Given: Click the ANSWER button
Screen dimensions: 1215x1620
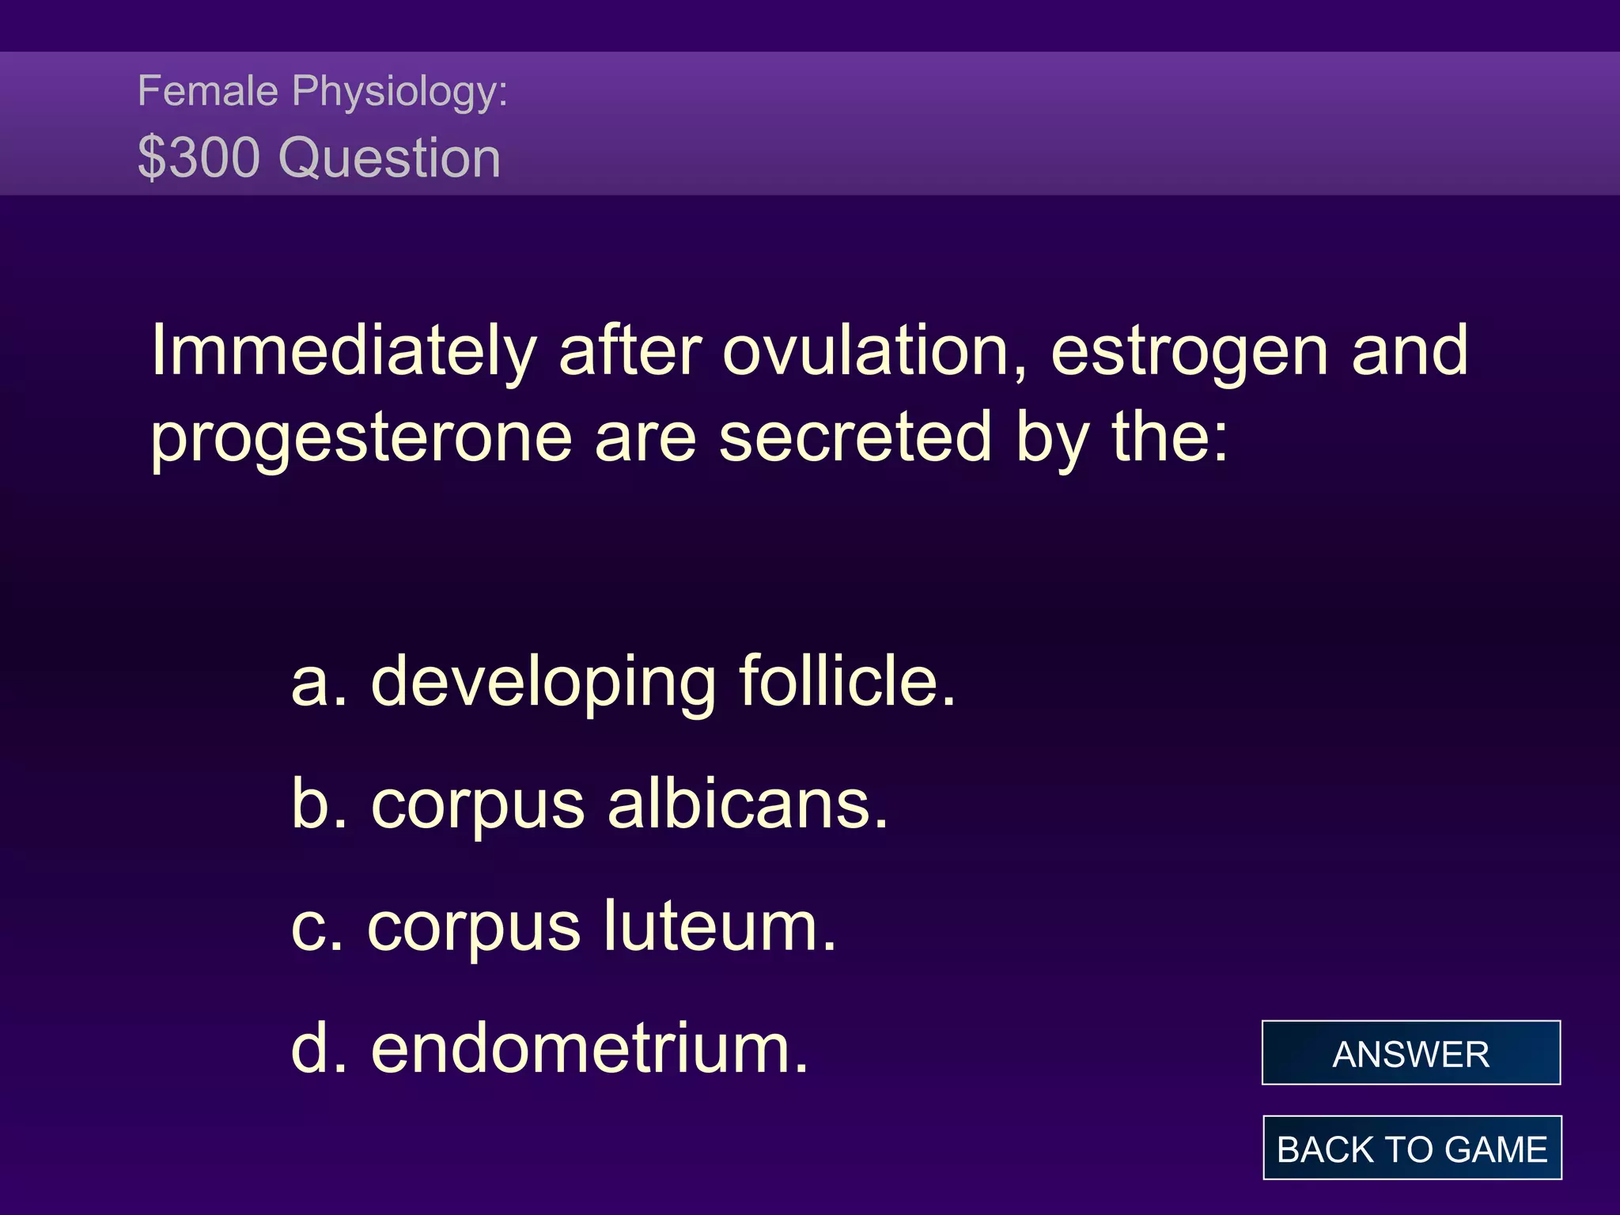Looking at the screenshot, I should point(1410,1053).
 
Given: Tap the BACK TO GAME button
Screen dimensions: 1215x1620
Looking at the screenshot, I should point(1412,1148).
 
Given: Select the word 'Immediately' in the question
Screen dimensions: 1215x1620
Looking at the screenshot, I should point(344,352).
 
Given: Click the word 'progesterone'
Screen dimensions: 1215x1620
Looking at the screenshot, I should point(361,439).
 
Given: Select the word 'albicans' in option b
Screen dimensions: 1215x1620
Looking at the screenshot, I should point(748,804).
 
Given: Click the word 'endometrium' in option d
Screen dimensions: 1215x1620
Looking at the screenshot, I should point(590,1049).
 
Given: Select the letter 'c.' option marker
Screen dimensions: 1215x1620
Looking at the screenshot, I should point(317,927).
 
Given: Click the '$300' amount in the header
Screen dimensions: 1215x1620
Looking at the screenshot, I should point(199,157).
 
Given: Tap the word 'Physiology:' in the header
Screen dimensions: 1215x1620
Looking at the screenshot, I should point(399,92).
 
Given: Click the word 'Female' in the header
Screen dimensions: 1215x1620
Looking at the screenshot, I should point(207,90).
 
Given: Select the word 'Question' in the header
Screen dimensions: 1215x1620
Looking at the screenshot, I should point(390,159).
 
